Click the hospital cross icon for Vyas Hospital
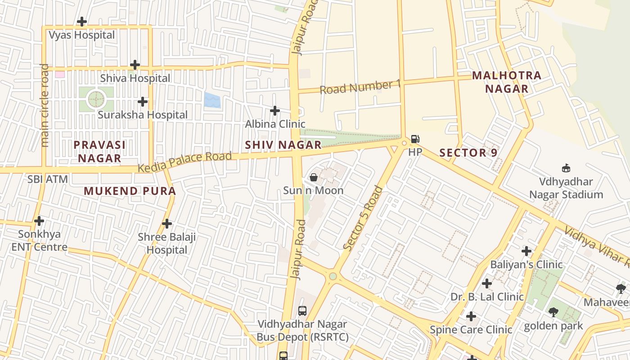[x=82, y=21]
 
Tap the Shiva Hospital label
[x=135, y=78]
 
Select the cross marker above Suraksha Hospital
[x=143, y=102]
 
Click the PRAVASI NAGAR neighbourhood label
[x=99, y=151]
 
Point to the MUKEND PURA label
[x=130, y=191]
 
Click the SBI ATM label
[x=48, y=179]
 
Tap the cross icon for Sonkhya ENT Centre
[x=39, y=221]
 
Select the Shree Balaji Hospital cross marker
[x=167, y=223]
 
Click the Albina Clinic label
[x=275, y=124]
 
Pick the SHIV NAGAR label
[x=283, y=145]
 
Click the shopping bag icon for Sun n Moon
[x=314, y=177]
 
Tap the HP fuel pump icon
[x=415, y=139]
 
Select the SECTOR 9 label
[x=468, y=153]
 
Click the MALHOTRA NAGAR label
[x=507, y=82]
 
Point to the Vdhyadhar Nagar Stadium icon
[x=566, y=168]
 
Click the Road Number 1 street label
[x=360, y=86]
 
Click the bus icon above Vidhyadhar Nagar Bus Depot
[x=302, y=310]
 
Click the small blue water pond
[x=212, y=100]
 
